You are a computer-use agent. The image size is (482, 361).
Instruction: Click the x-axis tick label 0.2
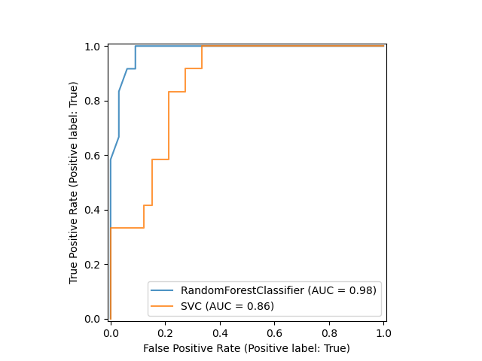165,333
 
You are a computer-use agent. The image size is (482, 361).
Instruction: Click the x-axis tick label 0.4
220,333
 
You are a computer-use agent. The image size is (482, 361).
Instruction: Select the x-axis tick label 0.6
274,333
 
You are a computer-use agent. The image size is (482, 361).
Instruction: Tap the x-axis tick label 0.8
329,333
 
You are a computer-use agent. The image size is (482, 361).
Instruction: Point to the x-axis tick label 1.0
383,333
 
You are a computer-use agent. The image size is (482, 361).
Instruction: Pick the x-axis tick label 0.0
111,333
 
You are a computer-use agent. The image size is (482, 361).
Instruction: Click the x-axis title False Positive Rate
246,348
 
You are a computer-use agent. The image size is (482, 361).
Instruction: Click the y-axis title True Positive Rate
74,183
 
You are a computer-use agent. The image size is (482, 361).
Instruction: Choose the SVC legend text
227,306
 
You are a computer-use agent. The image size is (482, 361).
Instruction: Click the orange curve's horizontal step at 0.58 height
160,159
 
